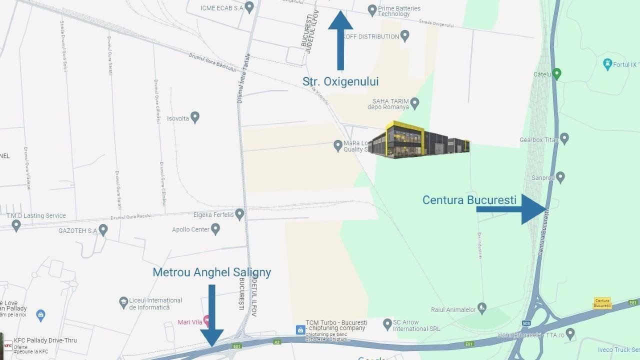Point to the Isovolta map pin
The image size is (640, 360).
tap(195, 117)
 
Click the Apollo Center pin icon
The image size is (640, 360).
tap(215, 229)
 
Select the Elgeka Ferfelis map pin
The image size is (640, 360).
tap(239, 214)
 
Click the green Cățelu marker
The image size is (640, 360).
tap(556, 74)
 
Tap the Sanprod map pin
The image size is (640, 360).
tap(560, 177)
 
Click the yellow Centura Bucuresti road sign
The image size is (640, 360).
tap(602, 303)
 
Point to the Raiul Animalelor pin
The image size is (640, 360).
tap(482, 307)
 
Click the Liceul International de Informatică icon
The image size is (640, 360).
tap(123, 302)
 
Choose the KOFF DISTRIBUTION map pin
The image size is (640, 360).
tap(405, 35)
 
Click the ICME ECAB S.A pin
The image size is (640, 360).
tap(249, 7)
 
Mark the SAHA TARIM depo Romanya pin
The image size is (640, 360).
tap(414, 103)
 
